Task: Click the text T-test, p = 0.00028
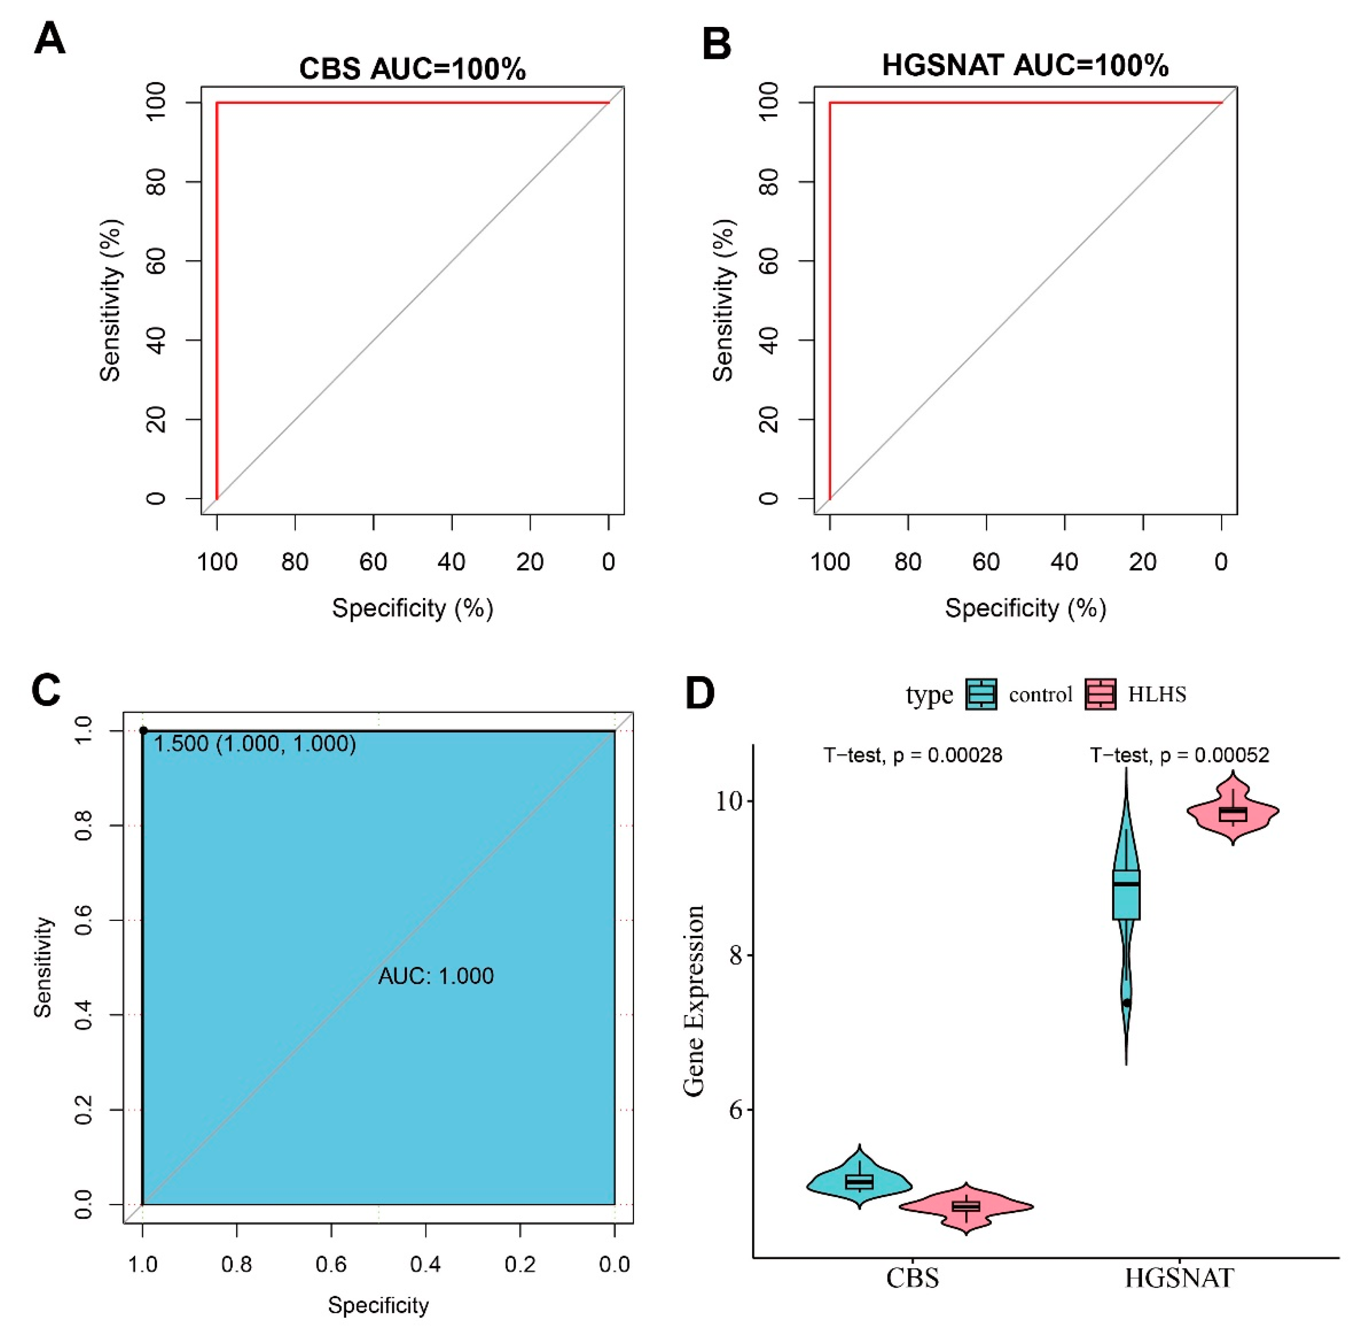[x=912, y=755]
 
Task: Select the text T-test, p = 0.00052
[x=1179, y=755]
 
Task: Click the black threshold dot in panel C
[x=143, y=730]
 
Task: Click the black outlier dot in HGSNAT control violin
[x=1126, y=1003]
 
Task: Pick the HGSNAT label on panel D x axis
[x=1179, y=1278]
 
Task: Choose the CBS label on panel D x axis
[x=912, y=1278]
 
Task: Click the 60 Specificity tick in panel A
[x=373, y=562]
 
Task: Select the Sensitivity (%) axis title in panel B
[x=723, y=300]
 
